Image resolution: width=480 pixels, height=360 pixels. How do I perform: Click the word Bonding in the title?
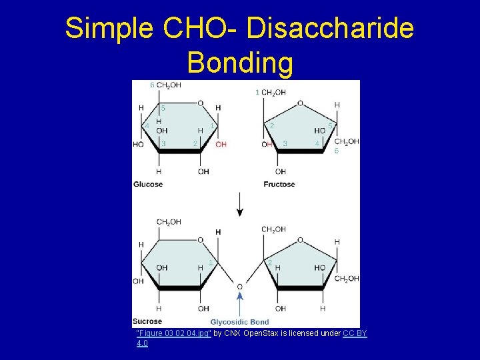pyautogui.click(x=240, y=63)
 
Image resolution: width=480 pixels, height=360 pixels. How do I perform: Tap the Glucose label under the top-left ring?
pyautogui.click(x=148, y=184)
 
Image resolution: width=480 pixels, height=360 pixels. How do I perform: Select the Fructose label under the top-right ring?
pyautogui.click(x=279, y=184)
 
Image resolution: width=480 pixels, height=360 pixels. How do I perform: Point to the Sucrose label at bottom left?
pyautogui.click(x=147, y=321)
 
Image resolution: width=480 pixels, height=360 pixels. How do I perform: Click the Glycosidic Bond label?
pyautogui.click(x=240, y=322)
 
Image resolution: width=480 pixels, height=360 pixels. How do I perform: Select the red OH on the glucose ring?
pyautogui.click(x=221, y=144)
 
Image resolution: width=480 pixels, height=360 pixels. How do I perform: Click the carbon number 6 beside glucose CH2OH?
pyautogui.click(x=152, y=85)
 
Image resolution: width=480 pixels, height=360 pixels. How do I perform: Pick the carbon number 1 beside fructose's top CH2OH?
pyautogui.click(x=257, y=93)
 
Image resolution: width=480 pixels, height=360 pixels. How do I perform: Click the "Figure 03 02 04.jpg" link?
pyautogui.click(x=174, y=333)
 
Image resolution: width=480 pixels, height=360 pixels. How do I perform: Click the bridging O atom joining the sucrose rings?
pyautogui.click(x=240, y=287)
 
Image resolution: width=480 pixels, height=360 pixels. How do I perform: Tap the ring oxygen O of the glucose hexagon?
pyautogui.click(x=201, y=103)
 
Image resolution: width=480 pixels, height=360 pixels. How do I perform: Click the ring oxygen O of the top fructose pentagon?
pyautogui.click(x=300, y=103)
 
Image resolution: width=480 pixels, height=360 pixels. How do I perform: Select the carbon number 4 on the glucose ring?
pyautogui.click(x=147, y=125)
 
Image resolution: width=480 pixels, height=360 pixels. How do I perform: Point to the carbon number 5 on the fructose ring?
pyautogui.click(x=330, y=125)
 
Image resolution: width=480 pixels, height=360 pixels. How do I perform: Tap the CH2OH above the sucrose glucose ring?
pyautogui.click(x=168, y=222)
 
